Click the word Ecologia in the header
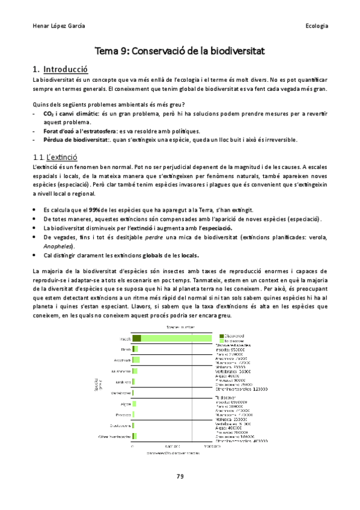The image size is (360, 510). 316,26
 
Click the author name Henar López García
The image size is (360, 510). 58,26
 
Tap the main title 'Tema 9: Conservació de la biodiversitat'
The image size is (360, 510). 180,52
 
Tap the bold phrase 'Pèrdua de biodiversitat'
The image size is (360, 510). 75,140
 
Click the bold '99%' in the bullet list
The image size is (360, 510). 94,209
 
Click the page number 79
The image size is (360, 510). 180,477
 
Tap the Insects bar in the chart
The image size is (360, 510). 172,338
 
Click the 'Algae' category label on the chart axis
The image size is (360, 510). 126,404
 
